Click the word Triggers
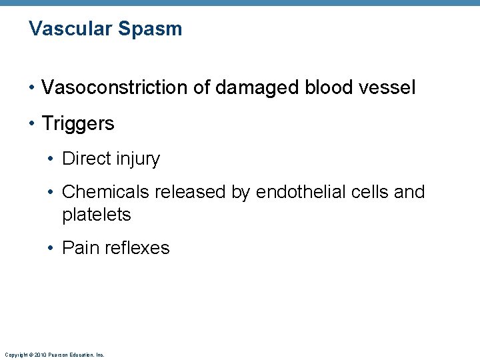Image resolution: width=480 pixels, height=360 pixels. pos(78,123)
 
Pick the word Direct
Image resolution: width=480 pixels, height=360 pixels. pos(87,159)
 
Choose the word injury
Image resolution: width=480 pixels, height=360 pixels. pos(138,159)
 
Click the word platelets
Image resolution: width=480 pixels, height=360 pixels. pos(97,215)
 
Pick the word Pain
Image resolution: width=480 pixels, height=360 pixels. pos(77,248)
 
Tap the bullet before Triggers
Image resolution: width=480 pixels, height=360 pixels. pos(31,124)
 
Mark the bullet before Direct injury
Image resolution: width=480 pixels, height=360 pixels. pos(51,159)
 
